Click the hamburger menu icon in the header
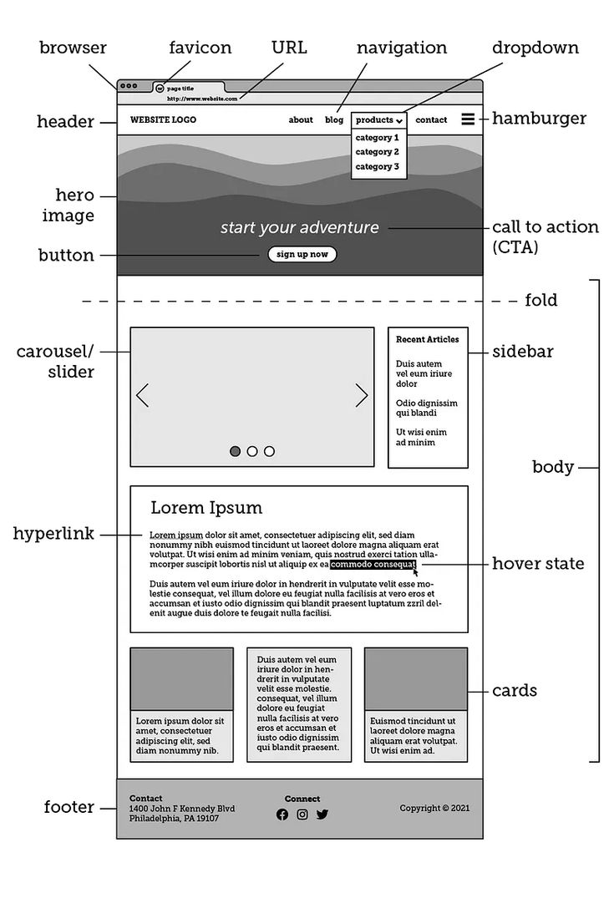click(x=468, y=119)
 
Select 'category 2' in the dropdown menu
click(x=377, y=152)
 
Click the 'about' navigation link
click(x=301, y=120)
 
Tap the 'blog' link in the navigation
click(x=334, y=120)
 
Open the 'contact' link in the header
click(x=431, y=120)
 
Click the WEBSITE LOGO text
click(x=163, y=120)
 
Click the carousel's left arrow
click(x=143, y=396)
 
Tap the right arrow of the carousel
click(x=362, y=396)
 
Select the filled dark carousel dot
click(x=236, y=451)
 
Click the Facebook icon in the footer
click(x=282, y=814)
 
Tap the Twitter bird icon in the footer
click(x=322, y=814)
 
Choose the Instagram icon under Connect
click(x=302, y=814)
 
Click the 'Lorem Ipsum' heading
click(x=206, y=508)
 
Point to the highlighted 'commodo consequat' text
click(x=373, y=565)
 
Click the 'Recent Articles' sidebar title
click(x=428, y=340)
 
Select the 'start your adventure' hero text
click(x=299, y=228)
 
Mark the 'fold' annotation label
click(x=540, y=300)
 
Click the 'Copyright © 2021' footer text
click(x=429, y=809)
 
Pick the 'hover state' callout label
click(x=538, y=564)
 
